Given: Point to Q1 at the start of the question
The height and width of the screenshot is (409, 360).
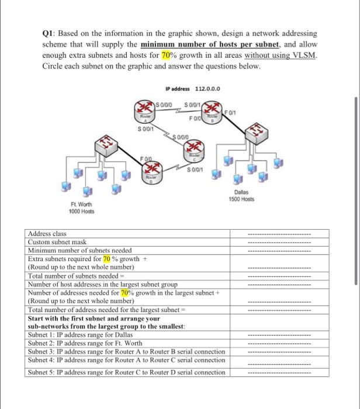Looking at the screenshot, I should pos(49,34).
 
